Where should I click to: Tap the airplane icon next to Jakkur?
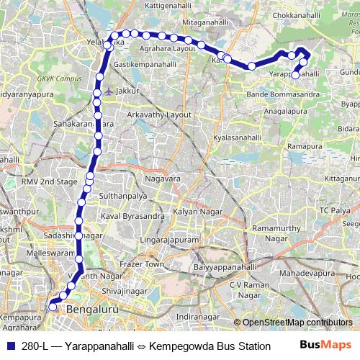(x=108, y=91)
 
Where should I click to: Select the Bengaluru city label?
(x=91, y=309)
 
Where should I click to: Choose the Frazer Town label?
(x=144, y=265)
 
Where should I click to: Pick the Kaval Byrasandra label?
(x=133, y=215)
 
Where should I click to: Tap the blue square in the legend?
(x=9, y=346)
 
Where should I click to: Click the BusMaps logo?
(x=325, y=346)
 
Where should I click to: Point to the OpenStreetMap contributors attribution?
(x=297, y=323)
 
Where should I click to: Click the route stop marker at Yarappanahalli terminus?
(x=296, y=74)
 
